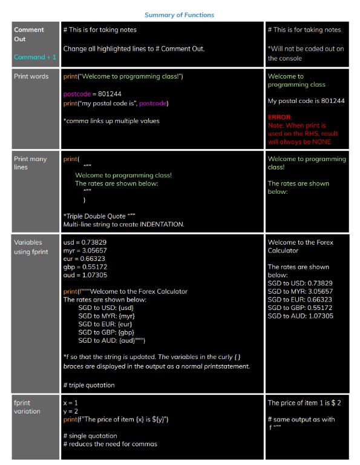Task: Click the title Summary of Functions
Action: pos(179,15)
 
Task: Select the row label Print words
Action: pos(31,76)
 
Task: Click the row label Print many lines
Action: pos(30,163)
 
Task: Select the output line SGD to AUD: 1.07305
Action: pos(300,315)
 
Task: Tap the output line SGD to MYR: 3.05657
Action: pos(300,291)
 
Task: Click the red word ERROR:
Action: pos(280,117)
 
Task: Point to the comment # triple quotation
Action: pos(88,385)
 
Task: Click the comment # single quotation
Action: pos(90,436)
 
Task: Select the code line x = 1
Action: pos(71,403)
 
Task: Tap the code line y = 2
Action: pos(71,411)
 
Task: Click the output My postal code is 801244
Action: pos(306,101)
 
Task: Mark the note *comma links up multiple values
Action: pos(111,121)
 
